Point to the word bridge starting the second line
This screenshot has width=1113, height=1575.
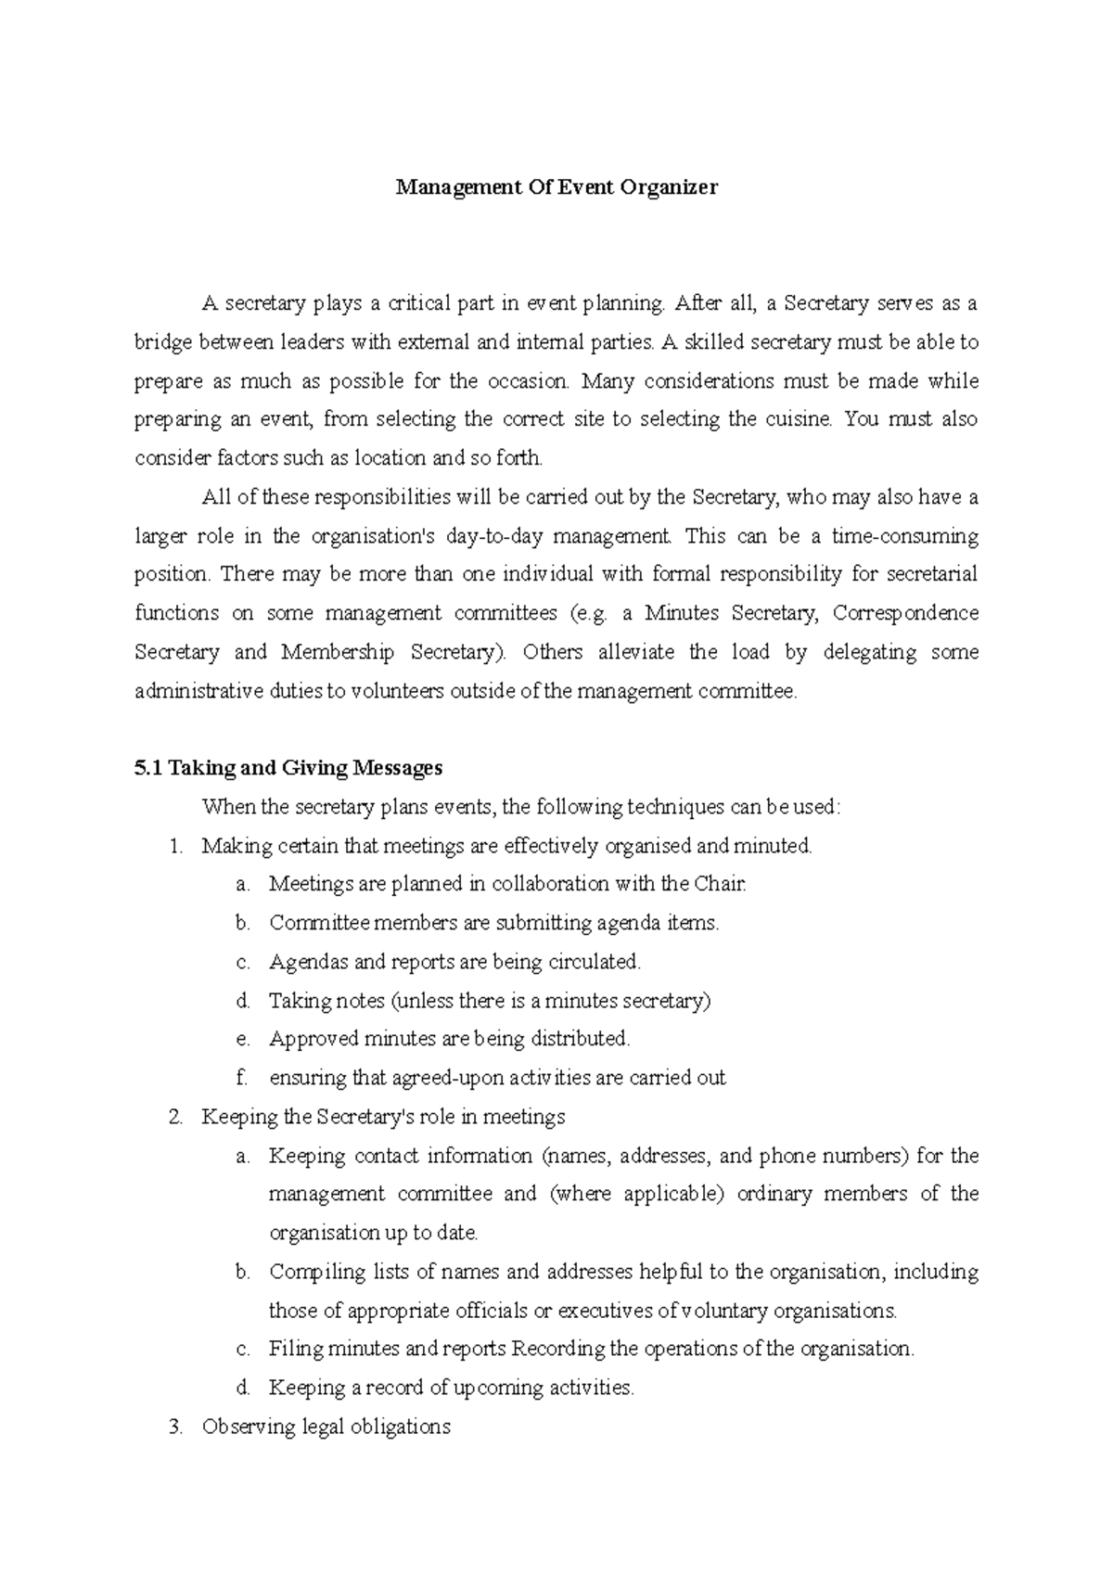pyautogui.click(x=163, y=342)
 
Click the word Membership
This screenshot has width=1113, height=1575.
pyautogui.click(x=337, y=652)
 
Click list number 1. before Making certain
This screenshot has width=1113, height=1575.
pyautogui.click(x=176, y=846)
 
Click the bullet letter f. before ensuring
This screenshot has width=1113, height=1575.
pyautogui.click(x=242, y=1078)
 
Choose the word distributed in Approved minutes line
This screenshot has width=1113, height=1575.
pyautogui.click(x=580, y=1039)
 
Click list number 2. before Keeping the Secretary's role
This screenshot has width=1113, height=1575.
pyautogui.click(x=176, y=1117)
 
